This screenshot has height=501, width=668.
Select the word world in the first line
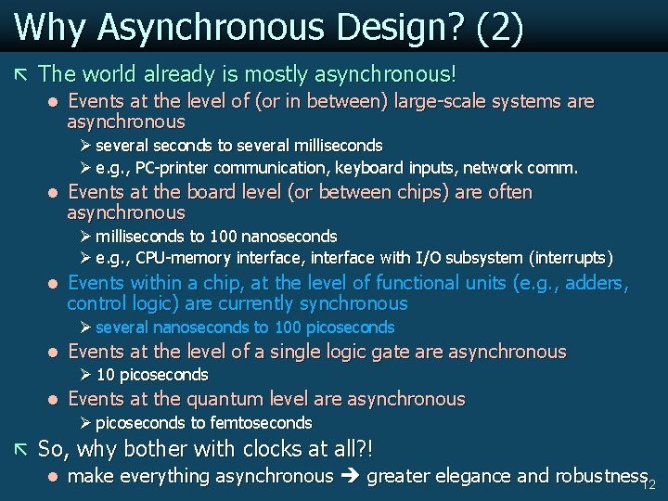point(107,72)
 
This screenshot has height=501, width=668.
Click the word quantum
point(223,399)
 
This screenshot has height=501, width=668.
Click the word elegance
point(465,476)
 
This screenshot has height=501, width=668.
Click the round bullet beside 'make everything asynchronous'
point(53,477)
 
